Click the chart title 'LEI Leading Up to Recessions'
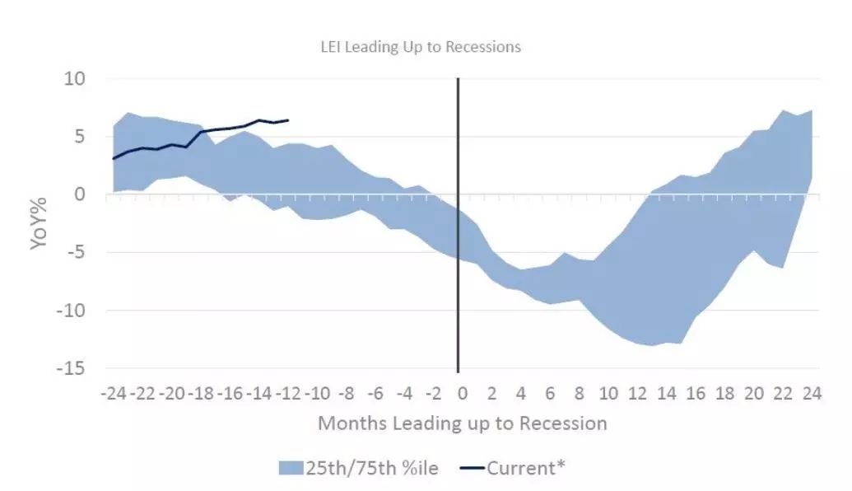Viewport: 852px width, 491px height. point(421,47)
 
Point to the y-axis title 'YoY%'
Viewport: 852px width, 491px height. point(39,223)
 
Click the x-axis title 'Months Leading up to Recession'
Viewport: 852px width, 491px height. point(463,423)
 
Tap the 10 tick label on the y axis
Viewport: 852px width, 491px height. point(75,79)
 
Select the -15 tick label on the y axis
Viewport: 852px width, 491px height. point(71,368)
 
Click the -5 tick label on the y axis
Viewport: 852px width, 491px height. point(77,253)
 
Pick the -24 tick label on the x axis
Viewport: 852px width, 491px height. point(114,393)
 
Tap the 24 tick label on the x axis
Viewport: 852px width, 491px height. point(812,393)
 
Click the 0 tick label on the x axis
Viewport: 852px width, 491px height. point(463,393)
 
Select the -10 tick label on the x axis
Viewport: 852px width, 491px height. point(317,393)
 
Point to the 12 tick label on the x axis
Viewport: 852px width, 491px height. point(638,393)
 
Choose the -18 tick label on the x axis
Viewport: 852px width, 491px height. point(201,393)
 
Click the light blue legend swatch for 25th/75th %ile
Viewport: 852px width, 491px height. point(291,468)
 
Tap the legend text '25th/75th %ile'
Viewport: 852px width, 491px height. point(372,468)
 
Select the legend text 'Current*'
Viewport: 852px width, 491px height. point(526,468)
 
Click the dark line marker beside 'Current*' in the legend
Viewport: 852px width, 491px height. point(472,468)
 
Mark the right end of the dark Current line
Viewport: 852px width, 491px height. point(288,120)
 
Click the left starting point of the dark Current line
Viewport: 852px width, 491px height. point(114,159)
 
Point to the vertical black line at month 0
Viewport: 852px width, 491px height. point(458,225)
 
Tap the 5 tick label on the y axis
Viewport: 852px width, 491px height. point(81,137)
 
